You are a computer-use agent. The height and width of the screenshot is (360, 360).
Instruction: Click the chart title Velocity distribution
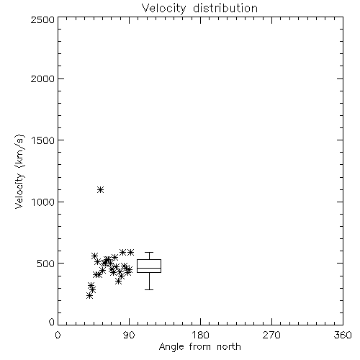coord(199,9)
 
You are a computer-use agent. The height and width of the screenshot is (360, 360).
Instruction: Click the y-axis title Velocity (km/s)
coord(19,171)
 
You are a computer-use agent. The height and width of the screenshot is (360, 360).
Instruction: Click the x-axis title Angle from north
coord(200,347)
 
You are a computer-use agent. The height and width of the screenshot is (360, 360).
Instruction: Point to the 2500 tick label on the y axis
coord(42,19)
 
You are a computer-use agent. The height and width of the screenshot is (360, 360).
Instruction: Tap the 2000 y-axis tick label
coord(42,78)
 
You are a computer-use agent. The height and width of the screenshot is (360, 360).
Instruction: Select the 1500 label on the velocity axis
coord(43,140)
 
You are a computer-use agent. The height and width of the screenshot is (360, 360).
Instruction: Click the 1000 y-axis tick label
coord(43,202)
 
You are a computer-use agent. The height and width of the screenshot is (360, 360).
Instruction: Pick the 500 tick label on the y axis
coord(46,264)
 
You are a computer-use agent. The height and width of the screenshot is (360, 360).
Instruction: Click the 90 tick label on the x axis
coord(130,335)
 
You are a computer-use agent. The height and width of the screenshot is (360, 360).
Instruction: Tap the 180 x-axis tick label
coord(200,335)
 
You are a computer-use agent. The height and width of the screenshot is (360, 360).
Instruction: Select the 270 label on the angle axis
coord(271,335)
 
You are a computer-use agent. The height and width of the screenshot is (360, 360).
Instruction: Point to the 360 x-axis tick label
coord(343,335)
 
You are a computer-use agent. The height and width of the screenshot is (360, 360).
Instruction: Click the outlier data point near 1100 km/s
coord(101,190)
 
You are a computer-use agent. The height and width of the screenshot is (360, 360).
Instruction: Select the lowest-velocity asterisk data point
coord(89,296)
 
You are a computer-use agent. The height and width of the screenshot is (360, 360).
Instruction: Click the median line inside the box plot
coord(149,268)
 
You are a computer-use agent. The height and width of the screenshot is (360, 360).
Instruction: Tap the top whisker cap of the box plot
coord(149,252)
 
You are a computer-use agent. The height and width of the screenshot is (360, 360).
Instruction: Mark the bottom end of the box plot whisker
coord(149,289)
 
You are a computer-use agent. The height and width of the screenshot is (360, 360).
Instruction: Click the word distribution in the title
coord(225,9)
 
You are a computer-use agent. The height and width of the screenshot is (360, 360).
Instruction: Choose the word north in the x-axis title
coord(229,347)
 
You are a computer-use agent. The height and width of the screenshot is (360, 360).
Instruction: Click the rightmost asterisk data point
coord(131,252)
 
